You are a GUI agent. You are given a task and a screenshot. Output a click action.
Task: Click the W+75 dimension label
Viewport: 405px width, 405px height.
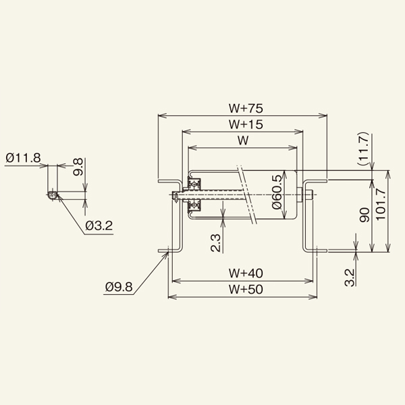246,109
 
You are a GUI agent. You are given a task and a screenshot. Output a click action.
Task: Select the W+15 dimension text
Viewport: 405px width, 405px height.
246,124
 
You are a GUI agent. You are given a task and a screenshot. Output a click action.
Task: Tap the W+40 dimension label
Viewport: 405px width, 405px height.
246,273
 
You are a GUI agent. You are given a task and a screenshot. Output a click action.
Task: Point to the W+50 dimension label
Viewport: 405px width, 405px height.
246,290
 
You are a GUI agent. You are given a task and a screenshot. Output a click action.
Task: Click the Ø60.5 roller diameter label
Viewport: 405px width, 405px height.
277,192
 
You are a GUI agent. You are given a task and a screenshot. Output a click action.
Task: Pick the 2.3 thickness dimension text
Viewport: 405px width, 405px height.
216,243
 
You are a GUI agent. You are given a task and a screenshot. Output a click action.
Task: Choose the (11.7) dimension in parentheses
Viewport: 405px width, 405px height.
363,149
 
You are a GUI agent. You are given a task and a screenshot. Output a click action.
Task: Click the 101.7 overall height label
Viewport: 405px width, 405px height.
381,205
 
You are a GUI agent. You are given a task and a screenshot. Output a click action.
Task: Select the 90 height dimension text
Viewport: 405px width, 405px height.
364,215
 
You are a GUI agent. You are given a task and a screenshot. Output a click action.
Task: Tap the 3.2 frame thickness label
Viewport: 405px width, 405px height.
350,277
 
